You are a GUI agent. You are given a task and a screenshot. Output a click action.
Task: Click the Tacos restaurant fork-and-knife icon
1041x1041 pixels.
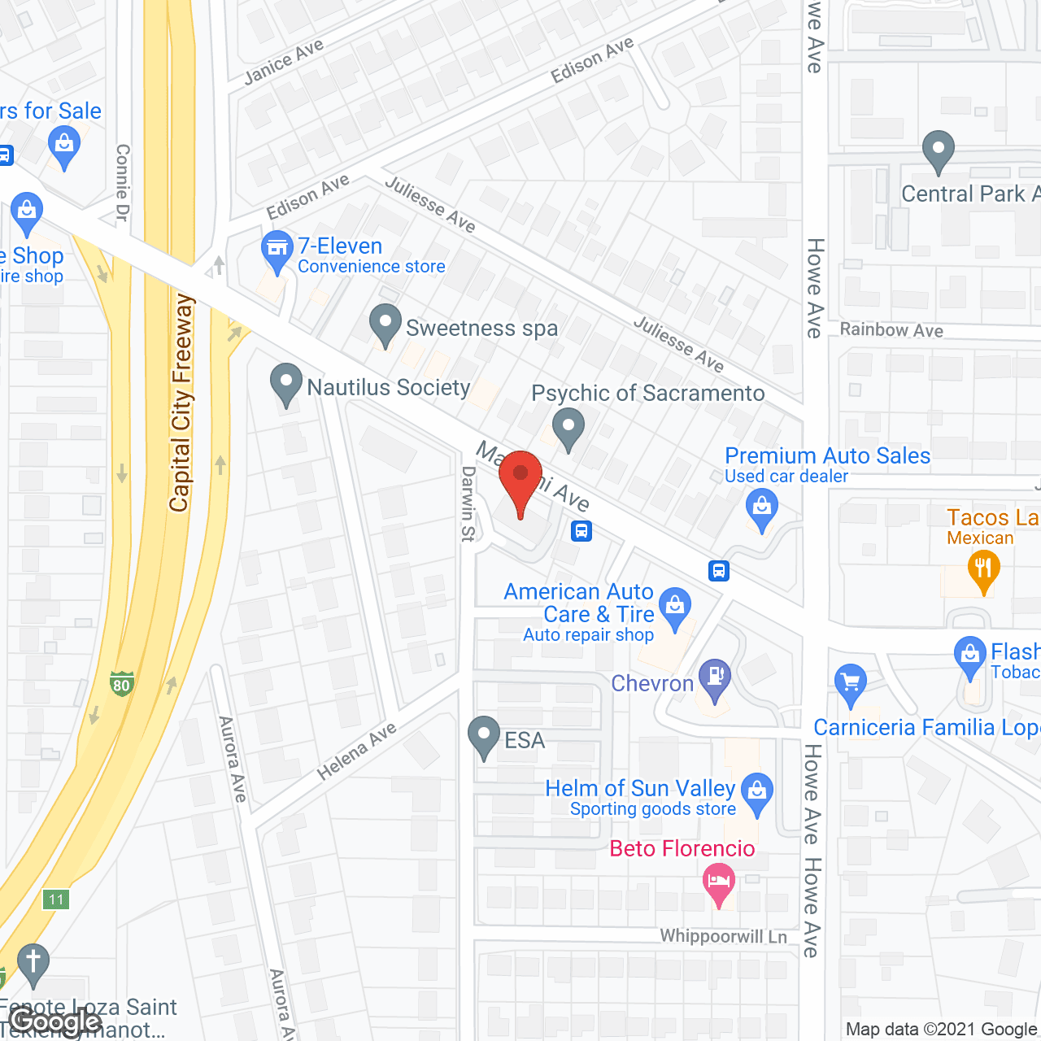pos(983,568)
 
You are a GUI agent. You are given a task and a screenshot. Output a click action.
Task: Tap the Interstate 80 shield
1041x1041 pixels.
pos(121,683)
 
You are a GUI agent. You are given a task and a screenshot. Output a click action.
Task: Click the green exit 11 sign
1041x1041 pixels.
pos(56,899)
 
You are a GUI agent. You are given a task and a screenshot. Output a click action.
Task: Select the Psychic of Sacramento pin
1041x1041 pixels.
pos(568,426)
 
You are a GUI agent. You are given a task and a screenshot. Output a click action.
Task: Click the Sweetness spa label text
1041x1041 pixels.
pos(481,328)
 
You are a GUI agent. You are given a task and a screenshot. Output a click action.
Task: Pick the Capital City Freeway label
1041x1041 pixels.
pos(181,403)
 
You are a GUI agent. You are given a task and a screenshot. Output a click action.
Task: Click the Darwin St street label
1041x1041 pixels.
pos(468,503)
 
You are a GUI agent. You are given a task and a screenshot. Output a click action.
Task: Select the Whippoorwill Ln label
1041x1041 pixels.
pos(723,936)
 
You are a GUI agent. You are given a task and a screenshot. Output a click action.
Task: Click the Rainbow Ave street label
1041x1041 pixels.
pos(891,329)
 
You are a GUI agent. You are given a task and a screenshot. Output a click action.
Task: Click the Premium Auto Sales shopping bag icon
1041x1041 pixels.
pos(762,507)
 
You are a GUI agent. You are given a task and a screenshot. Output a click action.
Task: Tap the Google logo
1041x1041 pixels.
pos(56,1021)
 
